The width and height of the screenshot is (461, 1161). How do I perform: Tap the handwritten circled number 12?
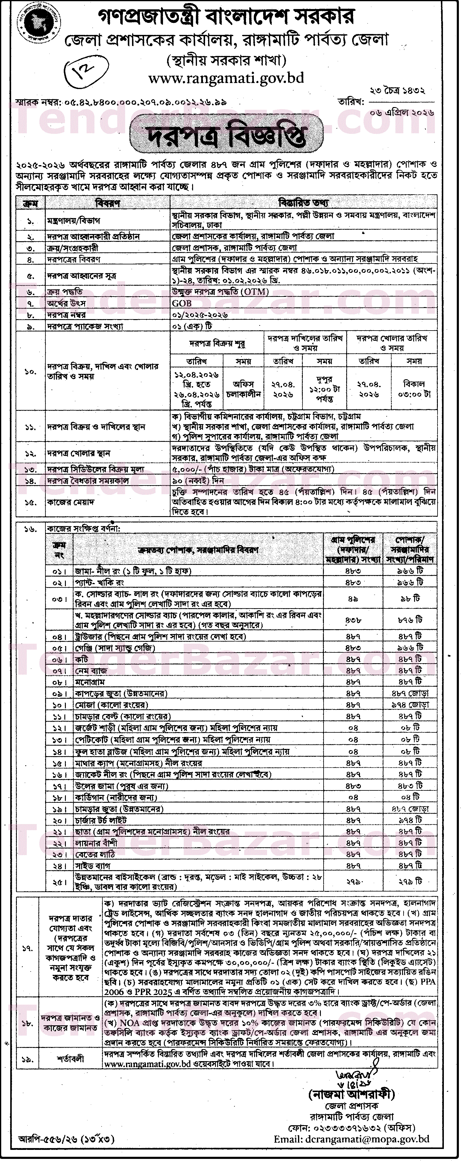(x=79, y=69)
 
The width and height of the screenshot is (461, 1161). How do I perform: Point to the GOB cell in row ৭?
(x=182, y=303)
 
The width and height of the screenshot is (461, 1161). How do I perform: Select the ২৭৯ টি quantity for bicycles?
(x=410, y=881)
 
